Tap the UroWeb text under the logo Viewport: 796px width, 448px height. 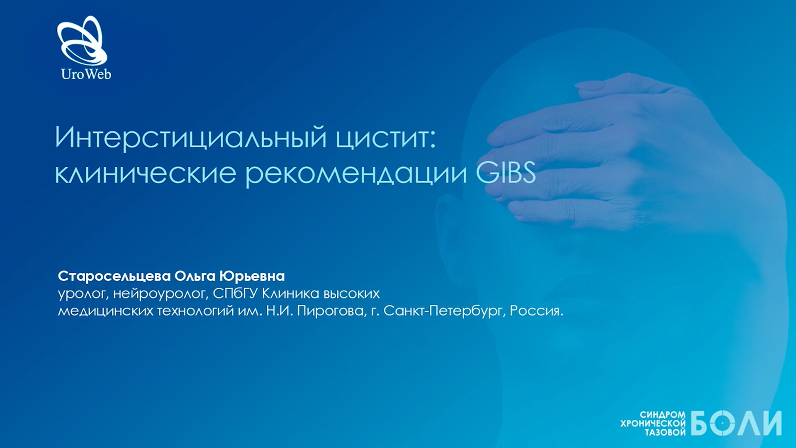86,74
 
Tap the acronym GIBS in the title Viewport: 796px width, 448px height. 506,172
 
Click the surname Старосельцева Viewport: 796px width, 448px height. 114,276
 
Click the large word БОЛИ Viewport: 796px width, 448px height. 736,423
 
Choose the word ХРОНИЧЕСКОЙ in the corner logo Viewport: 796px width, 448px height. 653,424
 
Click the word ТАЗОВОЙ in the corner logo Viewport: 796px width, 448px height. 665,433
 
